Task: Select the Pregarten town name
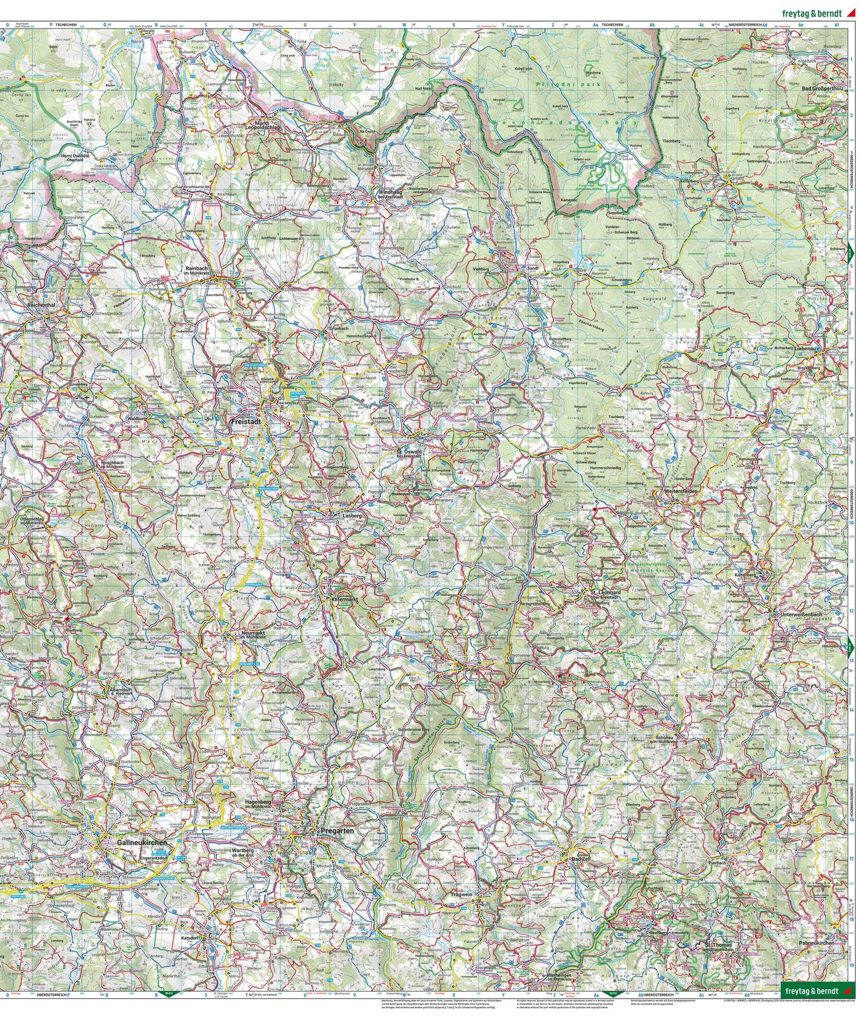pyautogui.click(x=337, y=829)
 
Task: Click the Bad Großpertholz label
pyautogui.click(x=823, y=89)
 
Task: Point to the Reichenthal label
pyautogui.click(x=41, y=306)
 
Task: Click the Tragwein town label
pyautogui.click(x=463, y=895)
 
